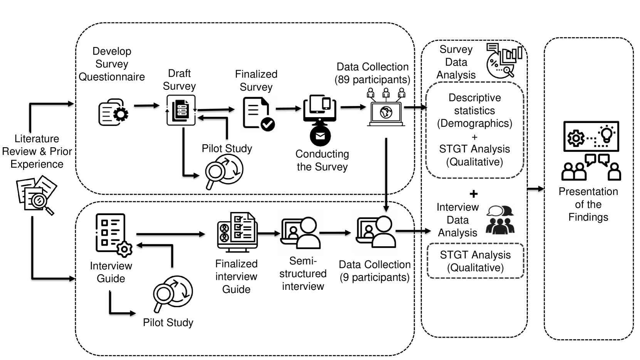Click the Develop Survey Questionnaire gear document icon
click(113, 113)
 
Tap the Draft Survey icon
click(181, 110)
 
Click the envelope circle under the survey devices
click(320, 136)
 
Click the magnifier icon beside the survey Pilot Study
click(224, 171)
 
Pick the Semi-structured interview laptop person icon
click(300, 233)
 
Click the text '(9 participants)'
click(375, 278)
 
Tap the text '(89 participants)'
click(372, 80)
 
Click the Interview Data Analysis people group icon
click(500, 220)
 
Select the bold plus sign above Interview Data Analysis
click(474, 194)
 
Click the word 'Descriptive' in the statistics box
click(475, 98)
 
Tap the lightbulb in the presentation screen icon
click(607, 134)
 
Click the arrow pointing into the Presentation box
click(536, 189)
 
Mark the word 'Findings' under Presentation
click(588, 217)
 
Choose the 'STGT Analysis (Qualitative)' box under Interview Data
click(475, 261)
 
